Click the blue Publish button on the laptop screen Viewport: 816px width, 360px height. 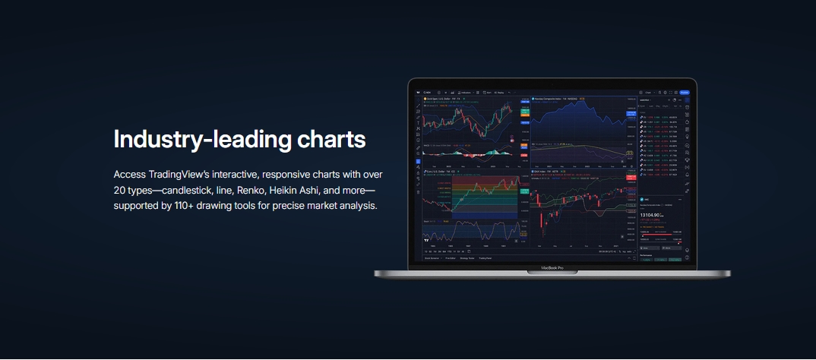pyautogui.click(x=684, y=92)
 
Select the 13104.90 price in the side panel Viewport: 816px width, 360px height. pyautogui.click(x=653, y=214)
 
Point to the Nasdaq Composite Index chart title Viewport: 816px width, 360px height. pyautogui.click(x=555, y=99)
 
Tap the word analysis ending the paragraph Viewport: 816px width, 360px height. pyautogui.click(x=356, y=206)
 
